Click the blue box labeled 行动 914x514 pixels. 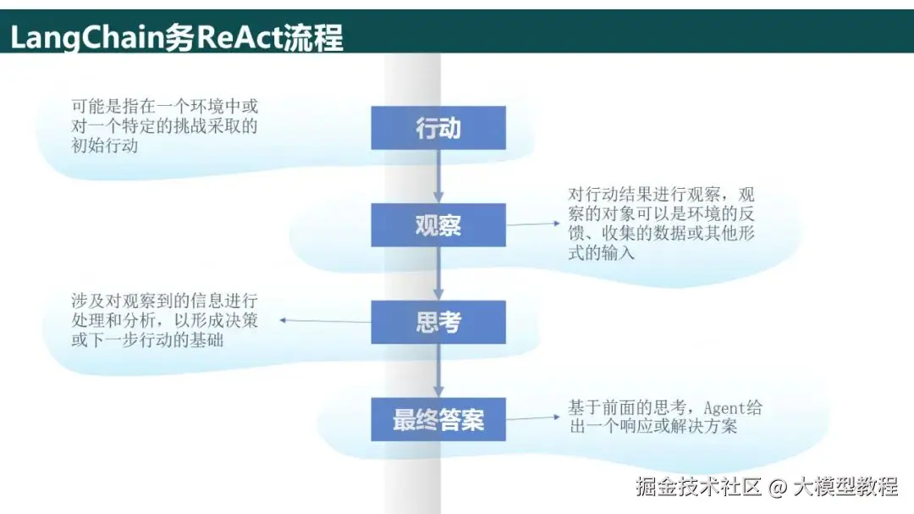(438, 128)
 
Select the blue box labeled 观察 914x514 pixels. (438, 224)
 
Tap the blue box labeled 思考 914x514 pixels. (438, 322)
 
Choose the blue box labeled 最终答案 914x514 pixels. (438, 419)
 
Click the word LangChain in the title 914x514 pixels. (87, 38)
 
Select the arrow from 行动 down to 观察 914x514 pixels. (438, 176)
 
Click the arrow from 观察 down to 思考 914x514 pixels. (438, 273)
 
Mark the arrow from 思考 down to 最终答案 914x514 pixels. (438, 371)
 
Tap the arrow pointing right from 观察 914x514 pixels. (533, 224)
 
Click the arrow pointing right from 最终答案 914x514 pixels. (533, 417)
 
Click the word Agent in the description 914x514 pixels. (724, 408)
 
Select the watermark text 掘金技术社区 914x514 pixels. (698, 486)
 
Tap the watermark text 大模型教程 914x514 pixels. (845, 486)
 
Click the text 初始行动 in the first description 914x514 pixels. (105, 146)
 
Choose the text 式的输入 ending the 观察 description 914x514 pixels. (602, 252)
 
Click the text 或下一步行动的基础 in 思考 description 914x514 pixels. (147, 340)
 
